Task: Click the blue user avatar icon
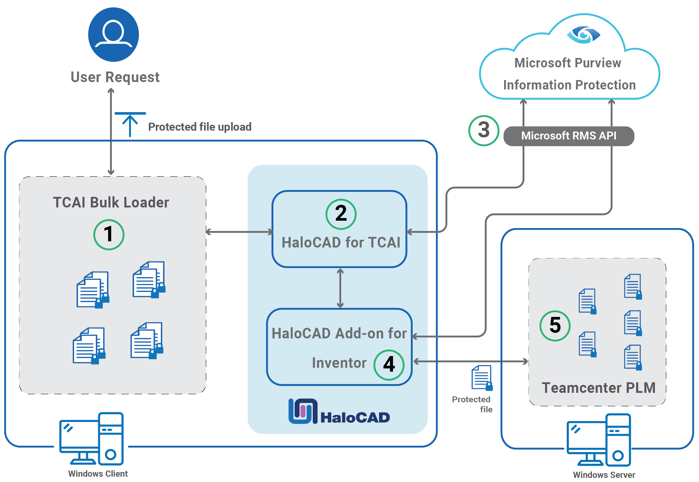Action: point(113,34)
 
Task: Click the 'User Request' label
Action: point(115,77)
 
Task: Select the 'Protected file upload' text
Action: point(199,127)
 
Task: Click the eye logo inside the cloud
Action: point(583,35)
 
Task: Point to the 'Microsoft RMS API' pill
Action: point(568,136)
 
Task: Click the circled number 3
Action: point(483,130)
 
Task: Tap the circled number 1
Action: point(108,234)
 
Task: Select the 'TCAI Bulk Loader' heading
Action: point(111,202)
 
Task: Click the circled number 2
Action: point(341,214)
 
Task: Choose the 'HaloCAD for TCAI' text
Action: point(341,242)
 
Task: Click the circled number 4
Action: point(389,365)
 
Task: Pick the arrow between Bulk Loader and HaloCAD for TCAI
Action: point(239,232)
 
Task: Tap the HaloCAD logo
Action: point(339,412)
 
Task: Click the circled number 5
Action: point(554,325)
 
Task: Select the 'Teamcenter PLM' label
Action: point(598,388)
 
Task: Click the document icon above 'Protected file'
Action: point(482,378)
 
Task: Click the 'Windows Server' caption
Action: point(604,474)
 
